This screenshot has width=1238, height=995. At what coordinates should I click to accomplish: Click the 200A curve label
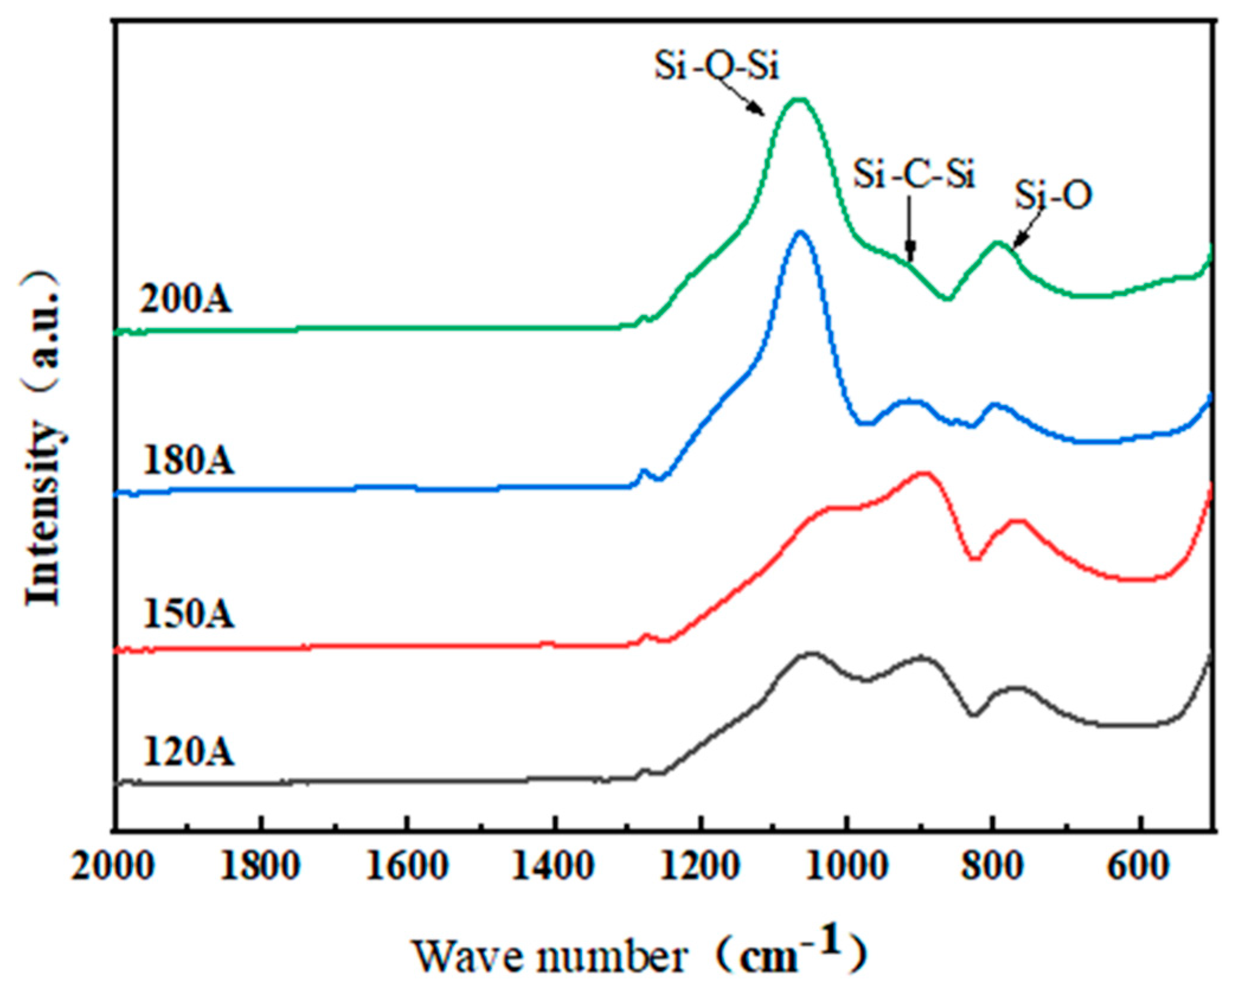pyautogui.click(x=185, y=300)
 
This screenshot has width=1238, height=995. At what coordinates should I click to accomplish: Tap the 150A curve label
pyautogui.click(x=188, y=614)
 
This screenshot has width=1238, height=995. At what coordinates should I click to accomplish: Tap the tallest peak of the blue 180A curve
pyautogui.click(x=800, y=232)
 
